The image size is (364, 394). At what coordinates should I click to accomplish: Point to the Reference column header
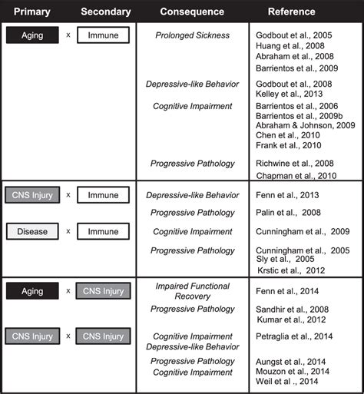(291, 12)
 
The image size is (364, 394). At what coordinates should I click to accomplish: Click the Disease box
(32, 230)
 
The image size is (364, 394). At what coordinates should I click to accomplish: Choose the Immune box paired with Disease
(103, 230)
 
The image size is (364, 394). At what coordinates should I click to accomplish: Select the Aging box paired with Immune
(32, 35)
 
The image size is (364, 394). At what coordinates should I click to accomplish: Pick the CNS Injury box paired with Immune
(32, 195)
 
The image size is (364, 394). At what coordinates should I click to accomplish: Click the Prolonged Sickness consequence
(193, 35)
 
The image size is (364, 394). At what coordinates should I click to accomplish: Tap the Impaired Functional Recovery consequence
(193, 291)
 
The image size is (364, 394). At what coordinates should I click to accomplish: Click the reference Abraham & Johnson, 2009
(303, 125)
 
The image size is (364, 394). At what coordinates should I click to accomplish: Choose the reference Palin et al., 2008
(287, 213)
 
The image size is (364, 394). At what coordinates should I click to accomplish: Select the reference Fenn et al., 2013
(287, 195)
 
